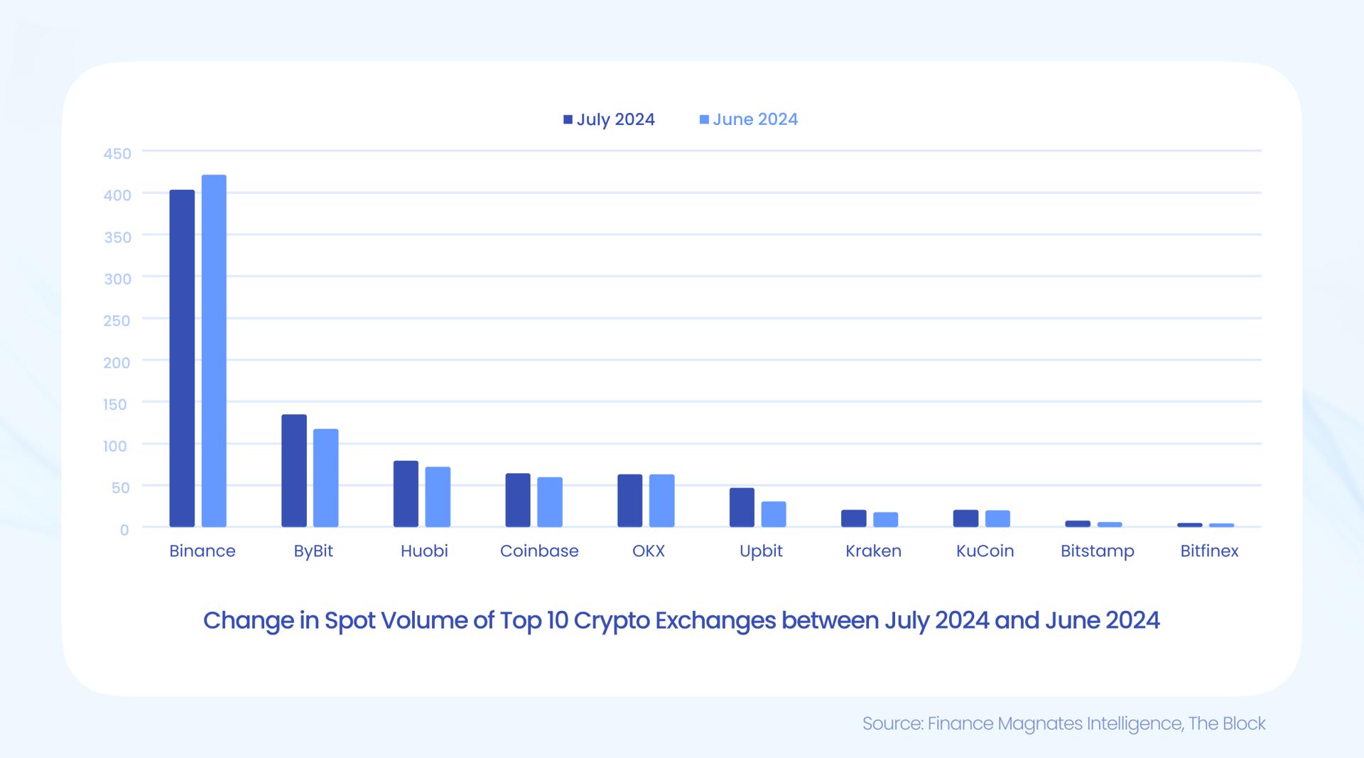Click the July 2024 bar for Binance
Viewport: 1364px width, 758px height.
pyautogui.click(x=182, y=358)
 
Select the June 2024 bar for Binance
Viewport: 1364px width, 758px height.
pyautogui.click(x=214, y=351)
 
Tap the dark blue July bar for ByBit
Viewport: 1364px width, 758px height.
pyautogui.click(x=294, y=470)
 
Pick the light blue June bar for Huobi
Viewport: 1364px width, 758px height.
pyautogui.click(x=438, y=497)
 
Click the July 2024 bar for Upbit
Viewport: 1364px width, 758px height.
pyautogui.click(x=742, y=507)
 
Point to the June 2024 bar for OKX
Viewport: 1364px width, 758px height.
pyautogui.click(x=661, y=500)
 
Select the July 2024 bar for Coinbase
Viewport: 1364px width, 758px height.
pyautogui.click(x=518, y=500)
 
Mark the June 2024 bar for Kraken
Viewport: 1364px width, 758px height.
pyautogui.click(x=885, y=519)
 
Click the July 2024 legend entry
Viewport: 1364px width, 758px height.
pyautogui.click(x=609, y=119)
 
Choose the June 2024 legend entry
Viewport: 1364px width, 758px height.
pyautogui.click(x=749, y=119)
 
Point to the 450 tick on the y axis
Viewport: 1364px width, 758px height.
pyautogui.click(x=117, y=153)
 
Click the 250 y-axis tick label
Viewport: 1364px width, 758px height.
pyautogui.click(x=117, y=320)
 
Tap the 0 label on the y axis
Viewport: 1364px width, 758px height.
pyautogui.click(x=124, y=529)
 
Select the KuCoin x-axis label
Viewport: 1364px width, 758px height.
pyautogui.click(x=985, y=551)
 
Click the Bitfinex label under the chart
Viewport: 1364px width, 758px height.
pyautogui.click(x=1209, y=551)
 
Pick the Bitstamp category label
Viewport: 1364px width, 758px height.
pyautogui.click(x=1097, y=551)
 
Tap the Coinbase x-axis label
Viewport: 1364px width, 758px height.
pyautogui.click(x=539, y=551)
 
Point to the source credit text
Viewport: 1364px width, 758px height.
pyautogui.click(x=1063, y=724)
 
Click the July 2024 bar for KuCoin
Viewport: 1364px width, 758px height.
pyautogui.click(x=965, y=519)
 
